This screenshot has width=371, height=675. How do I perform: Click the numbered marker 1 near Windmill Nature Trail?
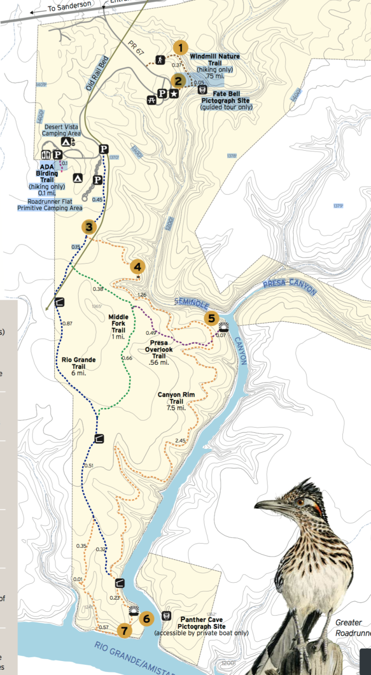coord(180,48)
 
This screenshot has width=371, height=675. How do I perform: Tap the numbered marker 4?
coord(138,266)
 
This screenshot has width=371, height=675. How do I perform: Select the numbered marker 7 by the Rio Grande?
coord(125,631)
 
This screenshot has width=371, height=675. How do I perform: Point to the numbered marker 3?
coord(89,227)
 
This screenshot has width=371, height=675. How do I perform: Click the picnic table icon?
coord(152,100)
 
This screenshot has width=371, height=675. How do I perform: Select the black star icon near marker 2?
coord(174,94)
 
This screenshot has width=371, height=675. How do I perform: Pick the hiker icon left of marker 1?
coord(160,59)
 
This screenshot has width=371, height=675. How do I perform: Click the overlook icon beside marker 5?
coord(223,326)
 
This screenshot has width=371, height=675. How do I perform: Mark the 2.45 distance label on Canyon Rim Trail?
coord(180,440)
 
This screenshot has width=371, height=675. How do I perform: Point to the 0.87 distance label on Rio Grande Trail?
coord(67,323)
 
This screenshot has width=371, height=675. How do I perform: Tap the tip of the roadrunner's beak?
coord(256,505)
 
